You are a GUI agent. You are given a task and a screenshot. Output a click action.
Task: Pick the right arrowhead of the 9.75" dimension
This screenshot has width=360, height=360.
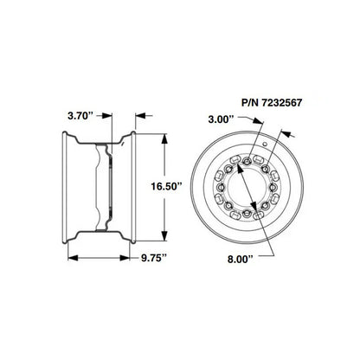tap(132, 258)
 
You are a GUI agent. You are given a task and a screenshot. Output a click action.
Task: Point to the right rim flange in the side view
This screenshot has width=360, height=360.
tap(132, 185)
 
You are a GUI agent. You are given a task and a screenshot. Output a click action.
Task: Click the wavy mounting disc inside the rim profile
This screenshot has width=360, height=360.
tap(110, 185)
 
